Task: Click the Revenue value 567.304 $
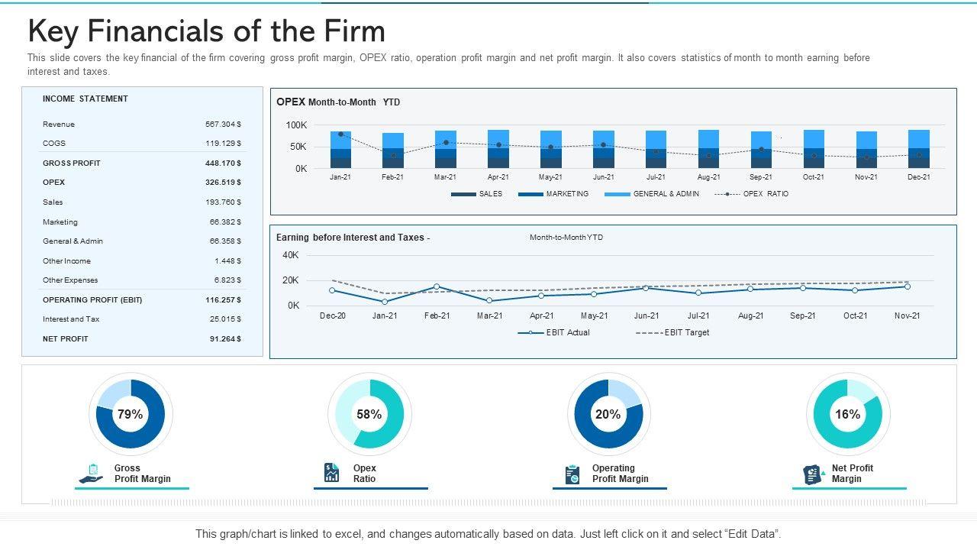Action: pyautogui.click(x=223, y=124)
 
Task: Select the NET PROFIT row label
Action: pyautogui.click(x=66, y=338)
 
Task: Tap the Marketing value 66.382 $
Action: pyautogui.click(x=225, y=222)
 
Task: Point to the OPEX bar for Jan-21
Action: pyautogui.click(x=340, y=150)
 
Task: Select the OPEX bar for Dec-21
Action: pyautogui.click(x=919, y=149)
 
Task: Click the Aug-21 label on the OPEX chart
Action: pyautogui.click(x=708, y=177)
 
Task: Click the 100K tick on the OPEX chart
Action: pyautogui.click(x=296, y=125)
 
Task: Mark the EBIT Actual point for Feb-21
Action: pyautogui.click(x=437, y=287)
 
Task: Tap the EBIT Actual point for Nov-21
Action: pyautogui.click(x=908, y=286)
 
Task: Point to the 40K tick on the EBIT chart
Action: pyautogui.click(x=291, y=255)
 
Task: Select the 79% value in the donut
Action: pyautogui.click(x=131, y=414)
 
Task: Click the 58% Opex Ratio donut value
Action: pyautogui.click(x=369, y=414)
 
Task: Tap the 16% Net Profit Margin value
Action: pyautogui.click(x=847, y=414)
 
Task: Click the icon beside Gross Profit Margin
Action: pyautogui.click(x=92, y=474)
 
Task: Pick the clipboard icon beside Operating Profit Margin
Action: pyautogui.click(x=572, y=474)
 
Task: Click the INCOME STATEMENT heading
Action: pyautogui.click(x=85, y=99)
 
